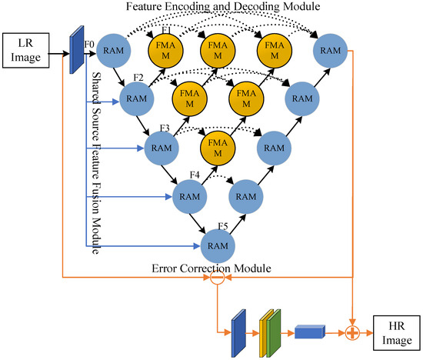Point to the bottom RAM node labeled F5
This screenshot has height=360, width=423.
coord(218,246)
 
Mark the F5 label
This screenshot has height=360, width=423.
coord(223,226)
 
